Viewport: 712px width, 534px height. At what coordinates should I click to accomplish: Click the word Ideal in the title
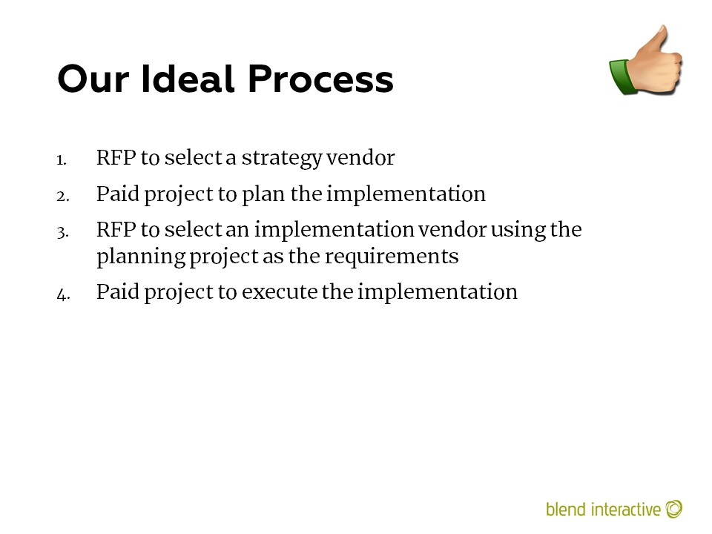pyautogui.click(x=188, y=79)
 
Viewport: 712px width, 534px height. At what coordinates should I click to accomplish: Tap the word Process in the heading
pyautogui.click(x=320, y=79)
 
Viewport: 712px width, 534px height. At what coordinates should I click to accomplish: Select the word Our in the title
pyautogui.click(x=93, y=79)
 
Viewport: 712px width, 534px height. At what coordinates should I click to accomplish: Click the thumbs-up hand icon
pyautogui.click(x=646, y=59)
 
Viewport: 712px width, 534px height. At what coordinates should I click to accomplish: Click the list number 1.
pyautogui.click(x=62, y=160)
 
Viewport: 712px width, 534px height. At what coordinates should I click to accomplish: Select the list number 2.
pyautogui.click(x=63, y=196)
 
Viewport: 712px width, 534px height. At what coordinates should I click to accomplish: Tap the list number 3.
pyautogui.click(x=63, y=232)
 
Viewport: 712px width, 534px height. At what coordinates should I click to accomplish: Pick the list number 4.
pyautogui.click(x=64, y=295)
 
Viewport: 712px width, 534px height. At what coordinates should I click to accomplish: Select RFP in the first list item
pyautogui.click(x=116, y=157)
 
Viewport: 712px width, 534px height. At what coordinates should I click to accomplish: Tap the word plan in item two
pyautogui.click(x=263, y=195)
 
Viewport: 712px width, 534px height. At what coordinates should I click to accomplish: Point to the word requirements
pyautogui.click(x=392, y=257)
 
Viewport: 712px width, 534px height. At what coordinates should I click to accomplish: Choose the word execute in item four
pyautogui.click(x=280, y=292)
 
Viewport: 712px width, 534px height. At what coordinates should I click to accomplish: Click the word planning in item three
pyautogui.click(x=141, y=257)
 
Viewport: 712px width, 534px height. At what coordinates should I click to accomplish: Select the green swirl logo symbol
pyautogui.click(x=674, y=509)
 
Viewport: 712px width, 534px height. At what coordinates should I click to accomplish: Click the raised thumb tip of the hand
pyautogui.click(x=664, y=29)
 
